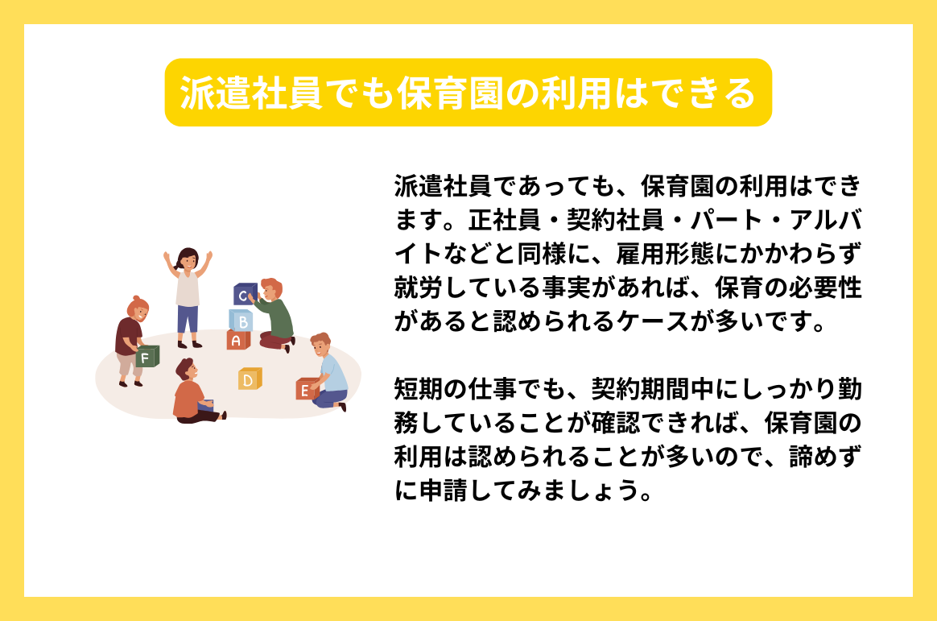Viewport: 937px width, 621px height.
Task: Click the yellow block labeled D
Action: [x=250, y=379]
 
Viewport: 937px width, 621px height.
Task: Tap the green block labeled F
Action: [x=147, y=357]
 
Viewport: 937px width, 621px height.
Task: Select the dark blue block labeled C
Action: [x=244, y=295]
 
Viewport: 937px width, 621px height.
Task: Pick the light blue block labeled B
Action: [x=240, y=320]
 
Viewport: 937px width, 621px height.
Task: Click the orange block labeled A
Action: [x=237, y=340]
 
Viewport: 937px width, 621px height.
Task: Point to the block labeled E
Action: [x=305, y=390]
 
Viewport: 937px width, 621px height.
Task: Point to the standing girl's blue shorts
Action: [x=188, y=318]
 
